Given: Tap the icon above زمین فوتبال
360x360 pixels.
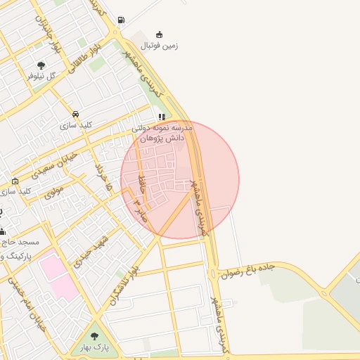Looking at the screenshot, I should [160, 34].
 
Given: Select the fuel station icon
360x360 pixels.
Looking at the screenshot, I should [122, 20].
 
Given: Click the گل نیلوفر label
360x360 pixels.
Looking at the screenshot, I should [41, 76].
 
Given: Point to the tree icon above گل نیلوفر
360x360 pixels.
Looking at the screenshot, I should [41, 65].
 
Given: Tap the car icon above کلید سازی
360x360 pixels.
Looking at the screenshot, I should [75, 114].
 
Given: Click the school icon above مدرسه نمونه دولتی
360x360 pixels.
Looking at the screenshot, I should [162, 117].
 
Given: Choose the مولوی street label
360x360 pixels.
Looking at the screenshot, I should [54, 191].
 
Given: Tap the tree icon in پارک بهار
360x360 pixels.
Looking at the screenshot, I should [95, 336].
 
